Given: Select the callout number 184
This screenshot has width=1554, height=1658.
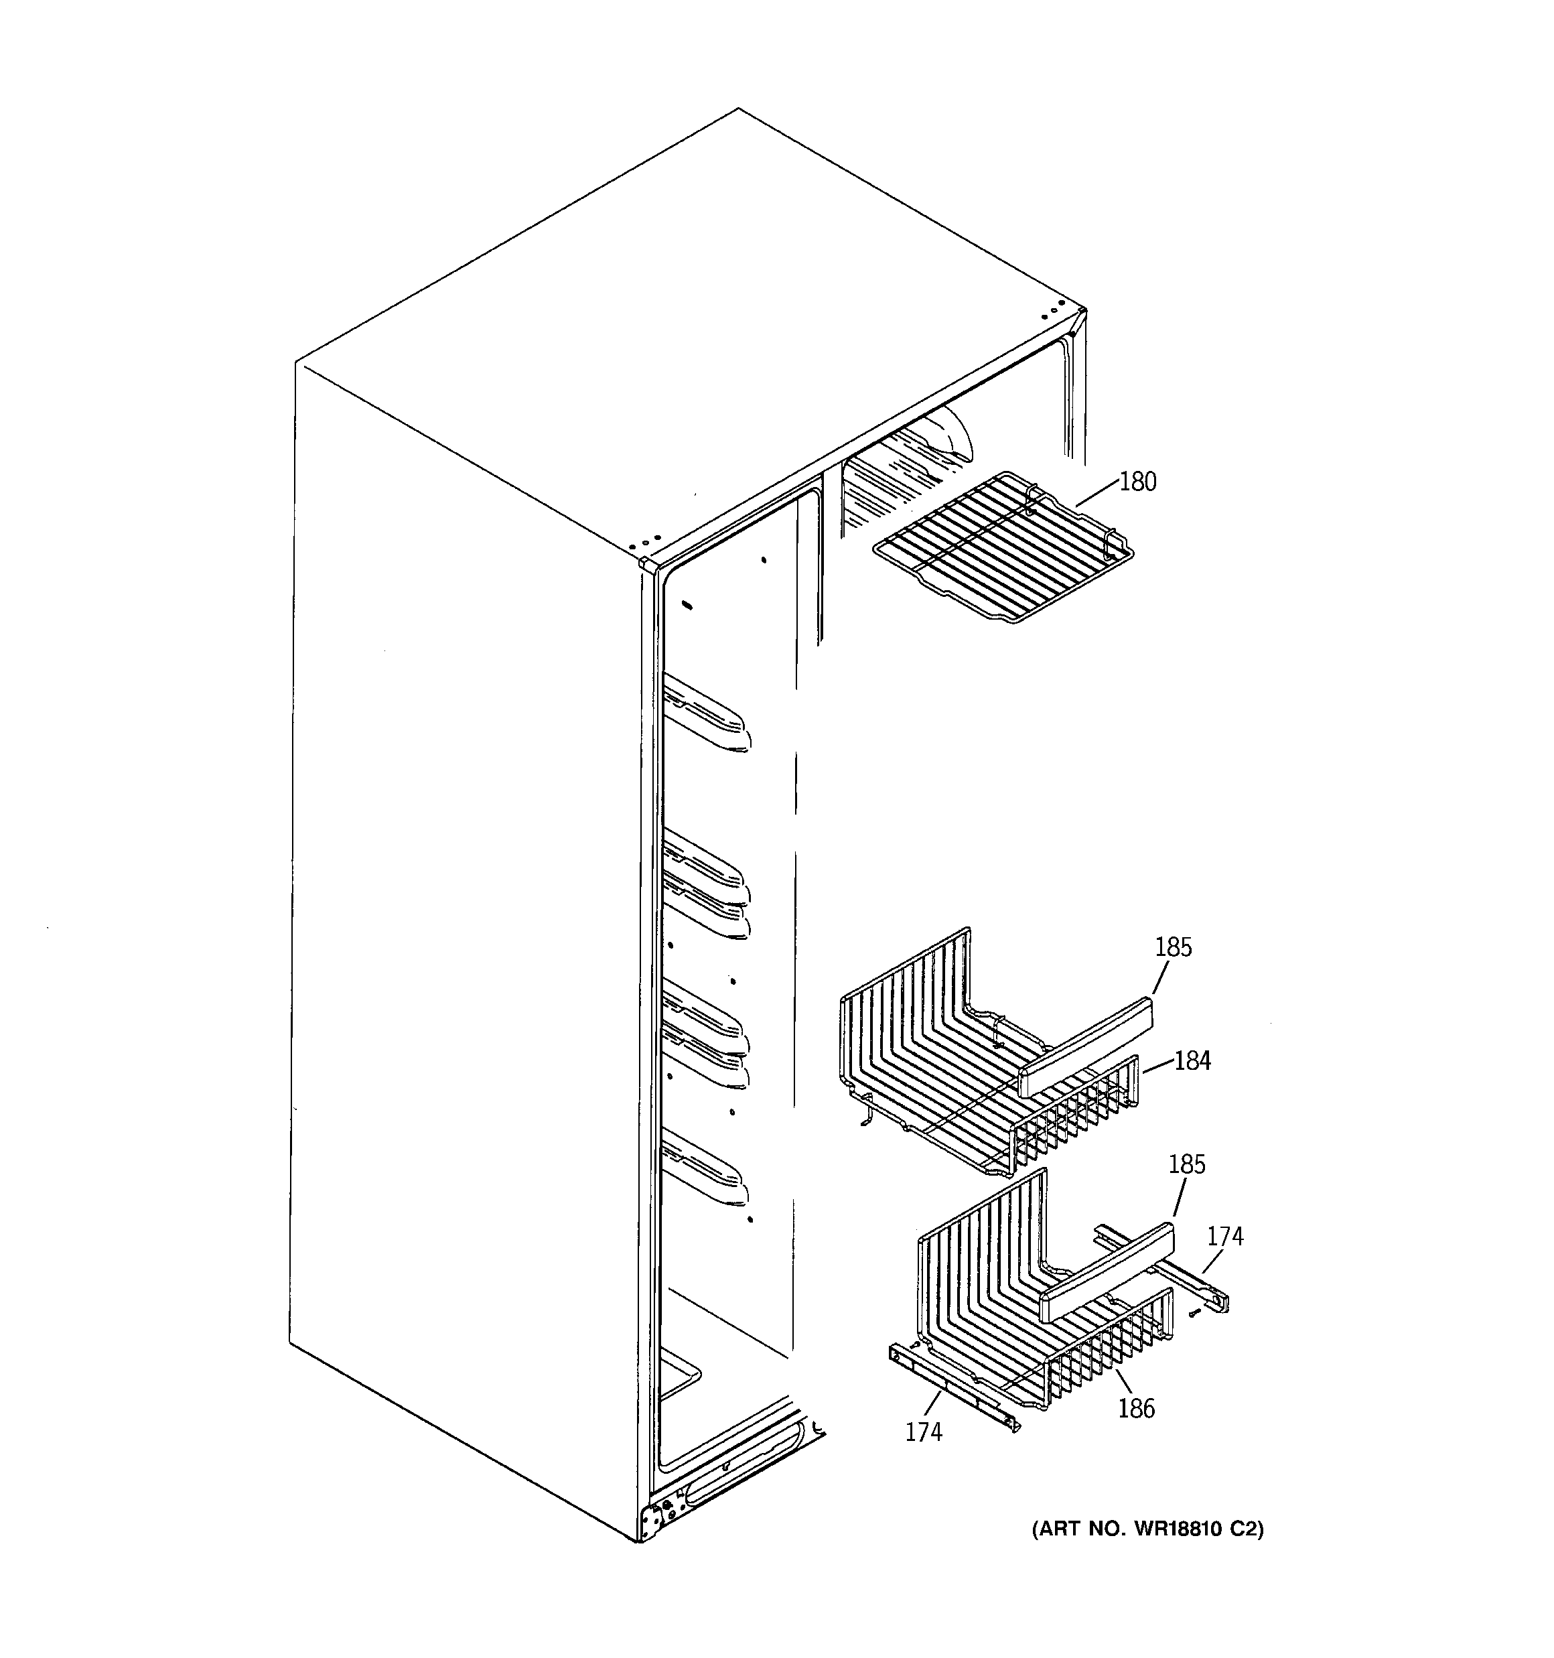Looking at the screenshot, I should tap(1192, 1061).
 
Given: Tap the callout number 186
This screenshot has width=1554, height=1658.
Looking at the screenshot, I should tap(1136, 1409).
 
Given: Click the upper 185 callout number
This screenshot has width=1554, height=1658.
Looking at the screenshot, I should tap(1173, 947).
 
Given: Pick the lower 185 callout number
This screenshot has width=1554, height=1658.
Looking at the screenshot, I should tap(1186, 1164).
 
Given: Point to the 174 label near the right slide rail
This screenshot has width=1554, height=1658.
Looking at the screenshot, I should tap(1224, 1236).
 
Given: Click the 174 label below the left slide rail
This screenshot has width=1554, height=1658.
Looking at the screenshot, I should tap(924, 1432).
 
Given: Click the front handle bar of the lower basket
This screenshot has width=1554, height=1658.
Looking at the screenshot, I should tap(1105, 1273).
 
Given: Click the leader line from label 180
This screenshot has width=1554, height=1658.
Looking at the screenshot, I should tap(1097, 494).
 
